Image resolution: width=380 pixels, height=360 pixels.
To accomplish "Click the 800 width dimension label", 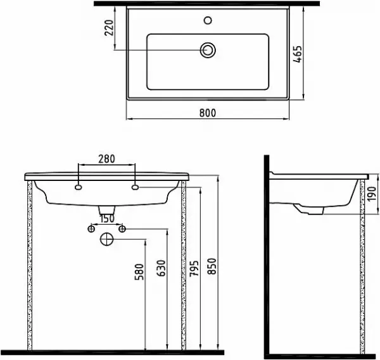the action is (x=208, y=113).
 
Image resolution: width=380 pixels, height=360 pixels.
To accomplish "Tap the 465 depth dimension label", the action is (x=298, y=54).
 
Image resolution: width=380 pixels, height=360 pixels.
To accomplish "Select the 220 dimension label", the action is (x=109, y=28).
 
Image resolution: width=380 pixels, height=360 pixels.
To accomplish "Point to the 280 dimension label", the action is (x=106, y=159).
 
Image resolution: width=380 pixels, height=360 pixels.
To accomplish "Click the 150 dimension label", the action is (x=107, y=219).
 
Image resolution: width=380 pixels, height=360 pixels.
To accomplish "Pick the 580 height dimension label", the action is (x=139, y=271).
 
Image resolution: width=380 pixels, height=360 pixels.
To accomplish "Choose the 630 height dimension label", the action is (x=161, y=268).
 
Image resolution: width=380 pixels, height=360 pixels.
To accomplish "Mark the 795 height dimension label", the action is (x=194, y=268).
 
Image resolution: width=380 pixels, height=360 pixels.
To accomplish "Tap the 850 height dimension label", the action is (x=212, y=266).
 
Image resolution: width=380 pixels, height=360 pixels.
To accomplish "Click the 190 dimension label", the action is (x=372, y=194).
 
